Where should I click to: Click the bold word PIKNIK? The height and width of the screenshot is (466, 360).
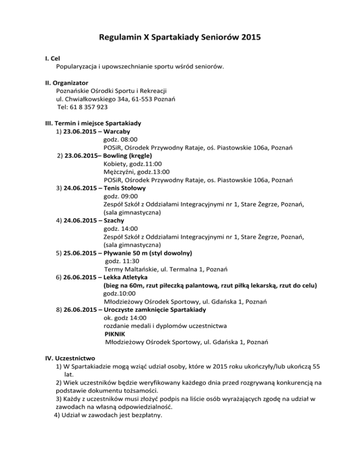point(116,334)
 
